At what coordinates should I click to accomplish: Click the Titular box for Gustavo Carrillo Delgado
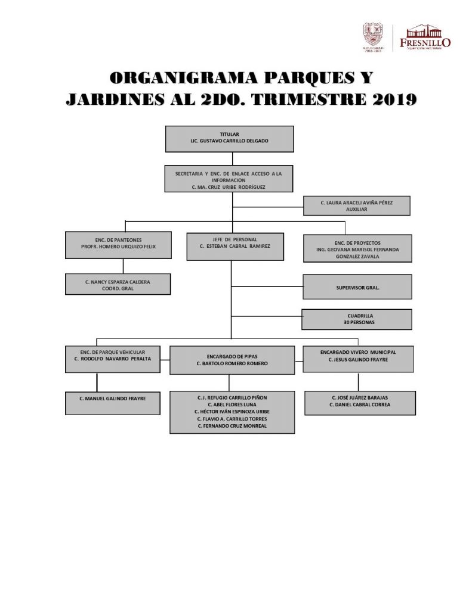(230, 139)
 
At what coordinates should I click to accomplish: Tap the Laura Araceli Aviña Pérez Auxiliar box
(357, 206)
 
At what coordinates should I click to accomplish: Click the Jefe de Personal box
(234, 245)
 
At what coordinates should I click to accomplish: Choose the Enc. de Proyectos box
(357, 248)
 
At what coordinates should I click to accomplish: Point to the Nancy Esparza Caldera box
(118, 284)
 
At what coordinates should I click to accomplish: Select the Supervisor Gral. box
(357, 287)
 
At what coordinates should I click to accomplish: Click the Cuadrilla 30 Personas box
(357, 319)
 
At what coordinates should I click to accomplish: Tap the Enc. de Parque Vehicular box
(113, 359)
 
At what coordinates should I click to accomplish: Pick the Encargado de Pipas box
(232, 360)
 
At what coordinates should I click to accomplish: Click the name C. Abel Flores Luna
(232, 404)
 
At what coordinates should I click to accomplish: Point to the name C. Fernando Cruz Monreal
(232, 426)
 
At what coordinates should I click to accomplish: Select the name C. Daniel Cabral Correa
(360, 404)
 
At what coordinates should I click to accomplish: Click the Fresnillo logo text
(425, 42)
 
